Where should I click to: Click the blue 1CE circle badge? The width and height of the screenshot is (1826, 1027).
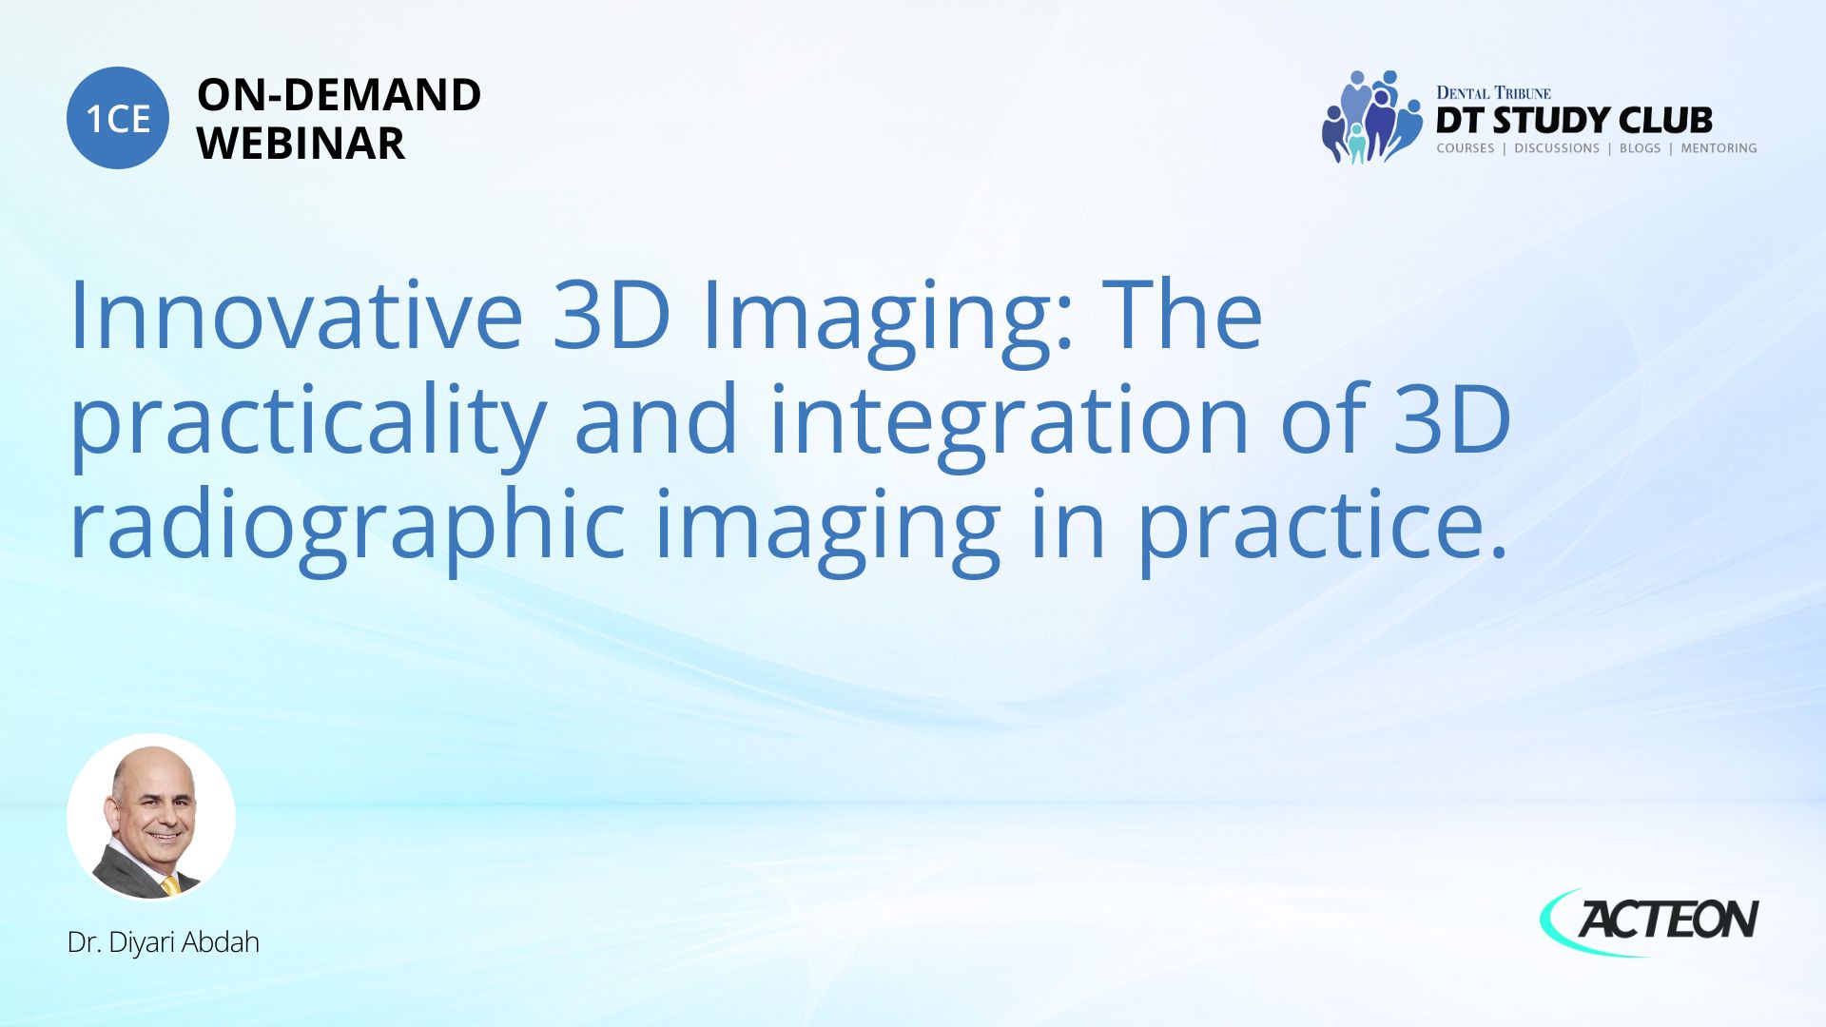118,118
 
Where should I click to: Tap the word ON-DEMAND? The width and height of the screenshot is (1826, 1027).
339,95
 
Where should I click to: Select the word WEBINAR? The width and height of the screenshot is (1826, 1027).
301,144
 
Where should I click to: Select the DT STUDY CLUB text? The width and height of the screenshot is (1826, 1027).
1574,121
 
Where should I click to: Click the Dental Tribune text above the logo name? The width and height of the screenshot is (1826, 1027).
1493,93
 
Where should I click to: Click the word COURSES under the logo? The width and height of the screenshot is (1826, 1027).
1466,148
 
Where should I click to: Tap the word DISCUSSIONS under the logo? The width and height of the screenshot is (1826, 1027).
1557,148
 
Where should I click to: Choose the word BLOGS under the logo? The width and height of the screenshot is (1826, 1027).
1640,148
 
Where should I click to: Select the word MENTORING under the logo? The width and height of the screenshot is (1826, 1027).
1719,148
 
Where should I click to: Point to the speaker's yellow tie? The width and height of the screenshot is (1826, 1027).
170,886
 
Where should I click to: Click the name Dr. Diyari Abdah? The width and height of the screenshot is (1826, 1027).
164,942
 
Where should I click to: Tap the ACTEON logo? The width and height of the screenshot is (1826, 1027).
1650,920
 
